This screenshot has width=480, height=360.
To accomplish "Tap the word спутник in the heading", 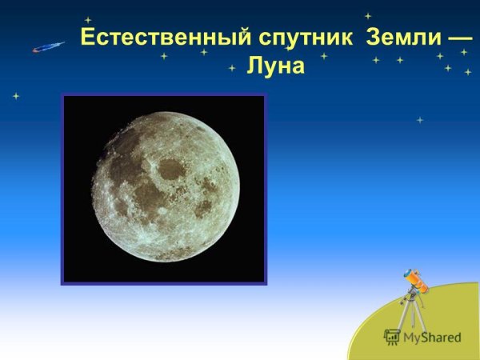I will (302, 38).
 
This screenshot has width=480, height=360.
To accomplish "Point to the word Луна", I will (275, 66).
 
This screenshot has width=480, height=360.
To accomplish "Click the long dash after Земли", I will (459, 38).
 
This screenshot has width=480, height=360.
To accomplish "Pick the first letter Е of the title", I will (88, 38).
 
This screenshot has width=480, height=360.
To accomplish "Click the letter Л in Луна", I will (254, 66).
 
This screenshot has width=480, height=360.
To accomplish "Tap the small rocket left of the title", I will (48, 47).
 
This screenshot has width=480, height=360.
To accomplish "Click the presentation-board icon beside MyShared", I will (391, 337).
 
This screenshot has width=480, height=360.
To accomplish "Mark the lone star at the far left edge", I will (15, 96).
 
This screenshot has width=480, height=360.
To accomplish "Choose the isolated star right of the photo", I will (420, 120).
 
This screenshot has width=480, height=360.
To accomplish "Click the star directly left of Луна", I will (232, 68).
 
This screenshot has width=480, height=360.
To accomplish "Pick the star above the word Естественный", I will (87, 20).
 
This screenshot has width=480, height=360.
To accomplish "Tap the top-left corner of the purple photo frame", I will (62, 95).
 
